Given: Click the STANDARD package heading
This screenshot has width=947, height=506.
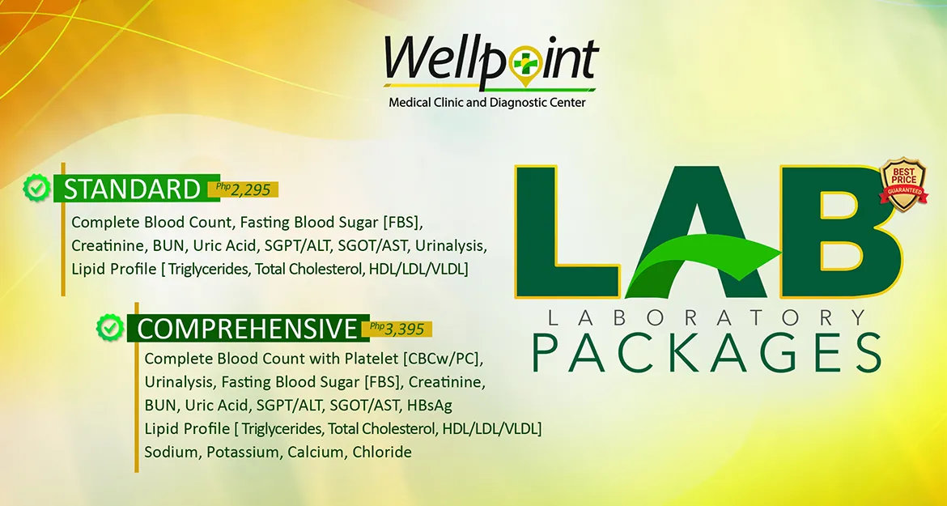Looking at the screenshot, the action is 132,189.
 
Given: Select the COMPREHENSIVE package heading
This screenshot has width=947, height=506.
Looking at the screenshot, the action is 246,329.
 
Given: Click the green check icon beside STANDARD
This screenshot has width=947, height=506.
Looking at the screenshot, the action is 37,188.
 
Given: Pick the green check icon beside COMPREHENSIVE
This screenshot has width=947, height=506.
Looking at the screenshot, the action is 111,328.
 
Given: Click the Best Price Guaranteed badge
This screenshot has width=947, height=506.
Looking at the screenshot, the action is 904,185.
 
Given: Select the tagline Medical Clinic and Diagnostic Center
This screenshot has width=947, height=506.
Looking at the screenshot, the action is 486,104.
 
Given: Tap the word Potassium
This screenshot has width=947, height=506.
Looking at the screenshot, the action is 242,452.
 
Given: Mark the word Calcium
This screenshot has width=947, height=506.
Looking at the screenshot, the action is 316,452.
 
